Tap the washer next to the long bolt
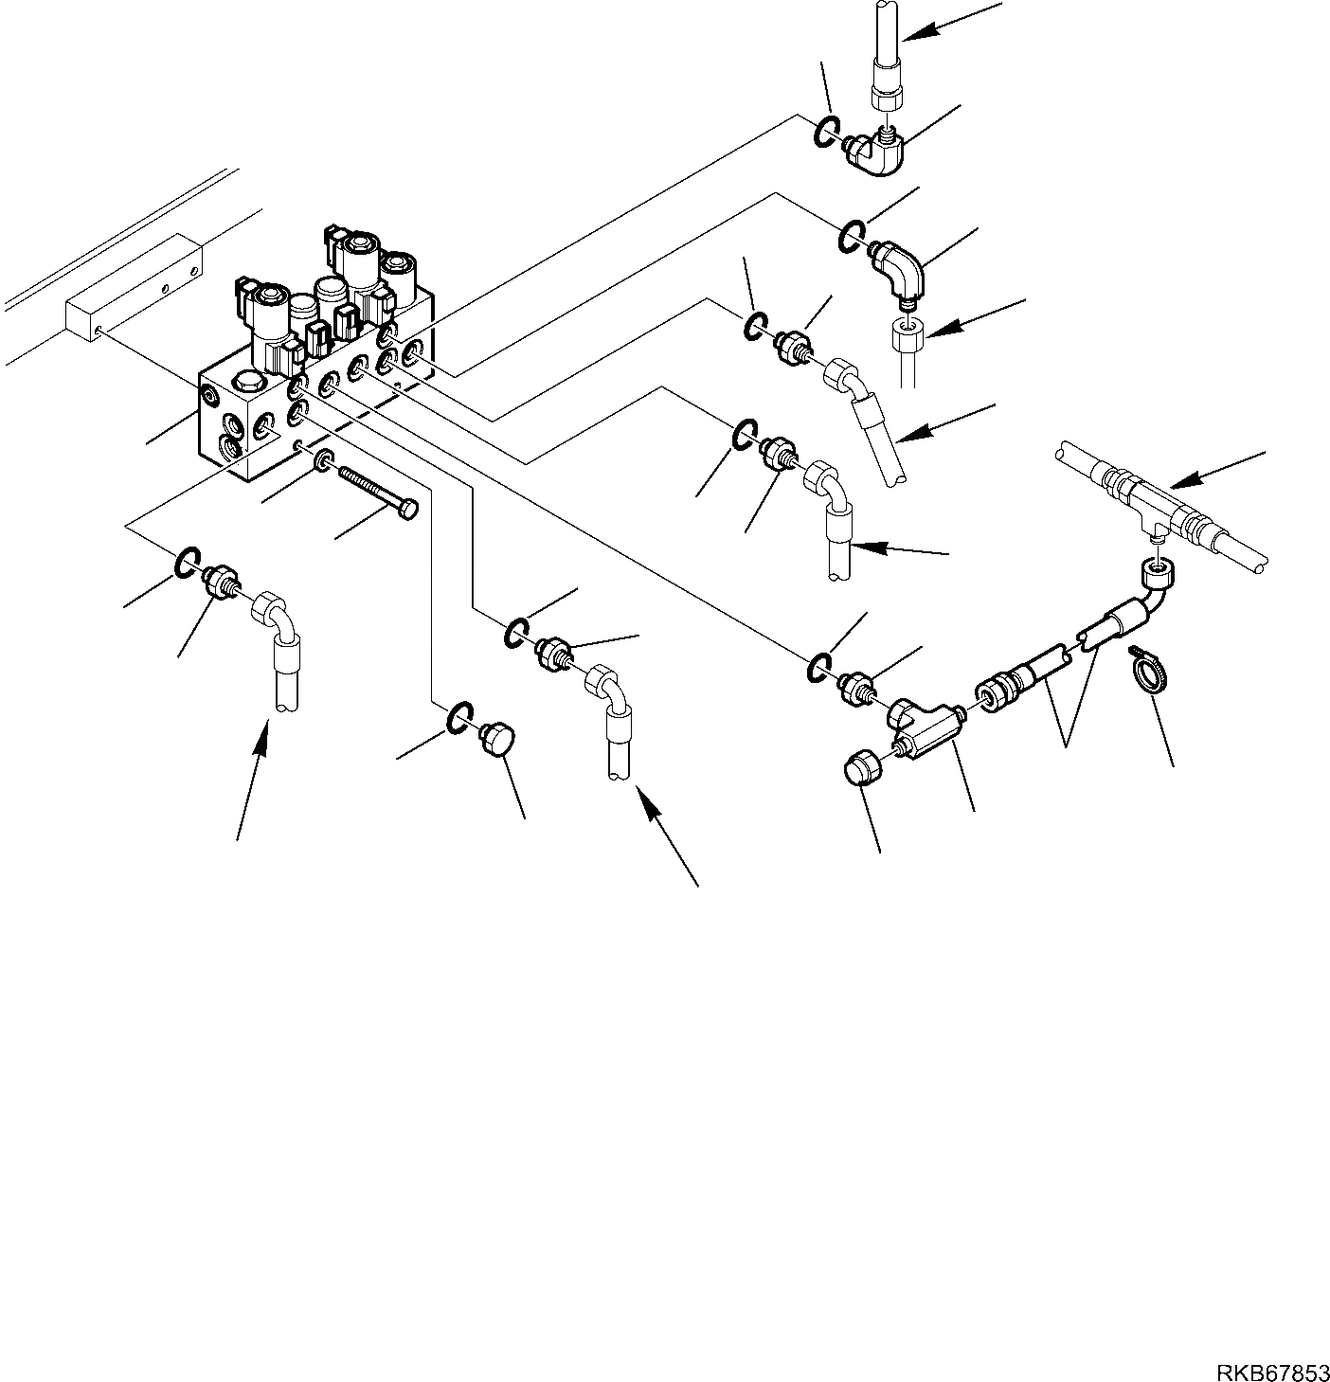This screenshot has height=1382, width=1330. tap(323, 461)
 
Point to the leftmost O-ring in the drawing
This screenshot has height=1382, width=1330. tap(186, 562)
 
